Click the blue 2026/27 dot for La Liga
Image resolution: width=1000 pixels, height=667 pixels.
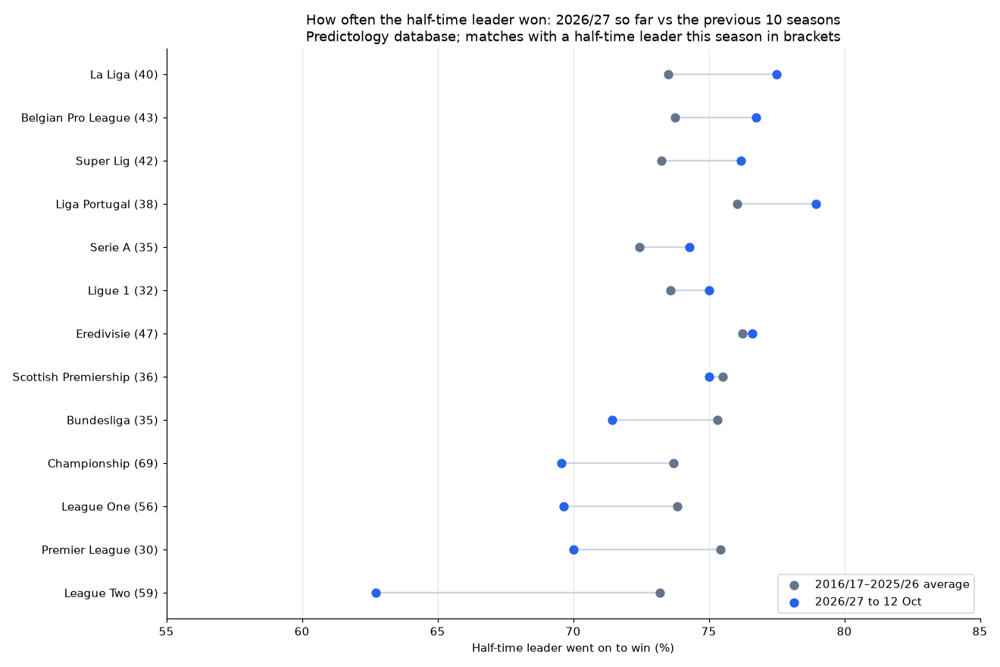(x=777, y=74)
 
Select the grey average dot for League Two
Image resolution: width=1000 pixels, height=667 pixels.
(x=660, y=593)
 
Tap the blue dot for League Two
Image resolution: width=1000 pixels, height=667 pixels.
(x=376, y=593)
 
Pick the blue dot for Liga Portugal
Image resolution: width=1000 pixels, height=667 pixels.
(x=816, y=204)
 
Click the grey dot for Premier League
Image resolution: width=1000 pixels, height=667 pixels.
(x=720, y=550)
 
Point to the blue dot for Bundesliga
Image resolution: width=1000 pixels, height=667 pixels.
(x=612, y=420)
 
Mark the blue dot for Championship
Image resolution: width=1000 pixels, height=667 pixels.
(x=561, y=463)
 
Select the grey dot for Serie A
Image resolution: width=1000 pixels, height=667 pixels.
(x=639, y=248)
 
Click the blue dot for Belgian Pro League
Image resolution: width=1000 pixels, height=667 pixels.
(x=756, y=118)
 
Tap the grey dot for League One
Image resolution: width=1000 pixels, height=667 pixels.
(x=678, y=506)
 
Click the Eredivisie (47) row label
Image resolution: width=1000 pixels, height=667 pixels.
(x=117, y=334)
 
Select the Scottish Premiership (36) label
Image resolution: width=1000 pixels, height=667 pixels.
(x=86, y=377)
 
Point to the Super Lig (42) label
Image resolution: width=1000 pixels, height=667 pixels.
(x=117, y=161)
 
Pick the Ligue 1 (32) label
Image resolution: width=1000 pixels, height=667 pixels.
(x=123, y=291)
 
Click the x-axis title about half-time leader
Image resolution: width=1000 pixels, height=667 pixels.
(x=573, y=648)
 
